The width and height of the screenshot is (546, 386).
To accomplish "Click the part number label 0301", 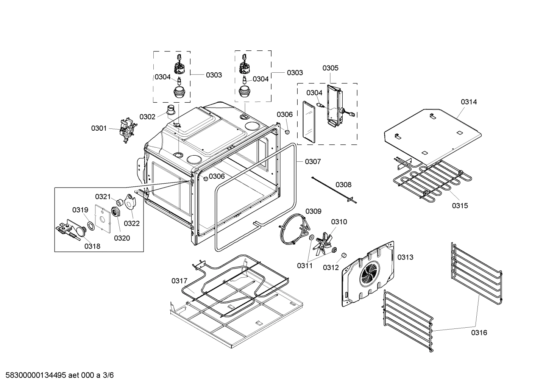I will pos(99,128).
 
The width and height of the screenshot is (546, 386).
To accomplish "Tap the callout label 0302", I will pos(147,117).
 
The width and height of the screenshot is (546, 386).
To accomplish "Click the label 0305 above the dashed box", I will pos(330,68).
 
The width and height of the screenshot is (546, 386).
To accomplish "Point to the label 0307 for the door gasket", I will pos(313,162).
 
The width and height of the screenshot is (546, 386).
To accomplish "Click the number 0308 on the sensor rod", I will pos(343,185).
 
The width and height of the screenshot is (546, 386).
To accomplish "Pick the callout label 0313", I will pos(405,258).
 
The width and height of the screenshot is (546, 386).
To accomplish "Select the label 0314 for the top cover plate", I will pos(469,102).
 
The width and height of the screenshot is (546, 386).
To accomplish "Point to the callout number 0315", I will pos(460,206).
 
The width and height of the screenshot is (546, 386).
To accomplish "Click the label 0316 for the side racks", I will pos(479,333).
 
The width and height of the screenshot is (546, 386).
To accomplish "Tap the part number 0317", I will pos(179,281).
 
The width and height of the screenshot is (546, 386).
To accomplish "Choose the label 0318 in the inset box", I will pos(92,246).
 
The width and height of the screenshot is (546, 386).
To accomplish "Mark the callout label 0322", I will pos(132,223).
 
